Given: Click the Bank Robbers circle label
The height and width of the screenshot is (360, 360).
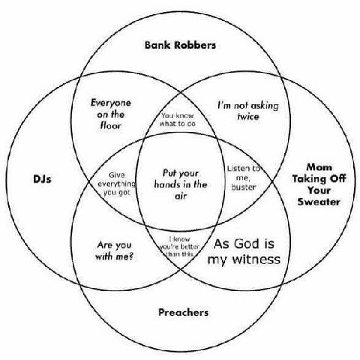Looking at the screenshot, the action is click(x=180, y=45).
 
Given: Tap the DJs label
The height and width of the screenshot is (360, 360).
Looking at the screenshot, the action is click(x=42, y=179).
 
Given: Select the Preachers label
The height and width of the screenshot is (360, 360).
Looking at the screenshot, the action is click(x=184, y=312).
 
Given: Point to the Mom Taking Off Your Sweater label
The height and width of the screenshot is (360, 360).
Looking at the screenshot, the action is click(x=319, y=184).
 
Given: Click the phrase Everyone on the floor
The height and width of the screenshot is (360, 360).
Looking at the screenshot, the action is click(x=111, y=114).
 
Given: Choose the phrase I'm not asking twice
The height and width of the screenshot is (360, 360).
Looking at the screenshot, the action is click(x=248, y=111).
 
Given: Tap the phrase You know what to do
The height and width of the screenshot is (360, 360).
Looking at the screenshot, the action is click(x=178, y=119).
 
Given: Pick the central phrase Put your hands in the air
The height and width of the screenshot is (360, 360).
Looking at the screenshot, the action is click(x=181, y=184).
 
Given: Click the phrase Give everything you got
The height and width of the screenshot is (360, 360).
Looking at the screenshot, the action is click(x=116, y=184).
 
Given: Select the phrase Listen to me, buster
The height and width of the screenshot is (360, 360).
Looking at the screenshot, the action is click(x=244, y=178).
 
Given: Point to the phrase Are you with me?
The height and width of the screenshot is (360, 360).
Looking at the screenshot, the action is click(x=115, y=250).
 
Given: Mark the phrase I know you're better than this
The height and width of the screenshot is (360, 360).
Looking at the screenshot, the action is click(x=179, y=247).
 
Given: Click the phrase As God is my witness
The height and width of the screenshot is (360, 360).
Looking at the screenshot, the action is click(x=244, y=251).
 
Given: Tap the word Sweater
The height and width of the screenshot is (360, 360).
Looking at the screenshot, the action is click(x=319, y=202).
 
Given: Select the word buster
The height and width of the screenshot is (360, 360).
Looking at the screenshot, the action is click(x=244, y=187).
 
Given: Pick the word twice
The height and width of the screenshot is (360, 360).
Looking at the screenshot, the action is click(x=248, y=116).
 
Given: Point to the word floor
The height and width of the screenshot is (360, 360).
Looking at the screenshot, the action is click(x=111, y=125).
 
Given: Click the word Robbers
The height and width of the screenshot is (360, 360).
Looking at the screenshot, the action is click(x=195, y=45).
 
